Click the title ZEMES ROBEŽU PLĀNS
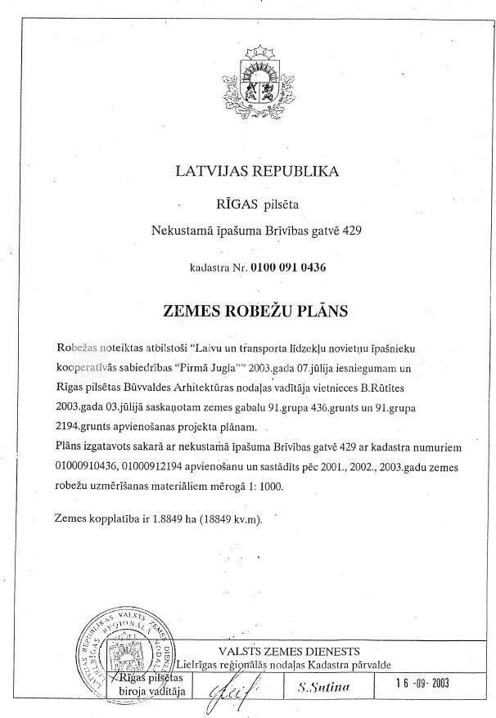(256, 312)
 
